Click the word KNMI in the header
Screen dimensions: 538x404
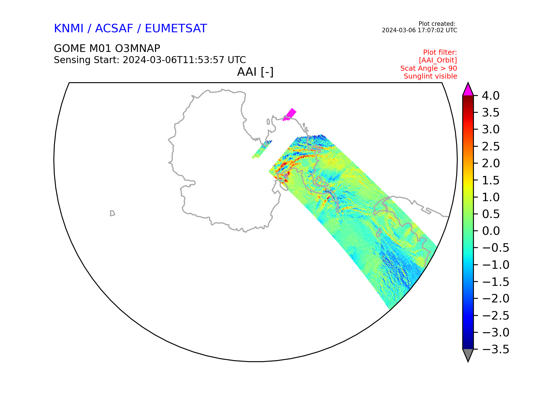[x=69, y=29]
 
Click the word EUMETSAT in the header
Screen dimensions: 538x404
[x=176, y=29]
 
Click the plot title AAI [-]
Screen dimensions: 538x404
[x=255, y=72]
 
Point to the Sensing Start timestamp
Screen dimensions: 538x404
[x=184, y=60]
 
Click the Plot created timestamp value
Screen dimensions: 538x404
[x=419, y=30]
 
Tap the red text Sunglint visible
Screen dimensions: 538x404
[x=430, y=76]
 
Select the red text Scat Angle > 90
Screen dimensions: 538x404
[x=429, y=68]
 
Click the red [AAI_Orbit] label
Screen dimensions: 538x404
[x=438, y=60]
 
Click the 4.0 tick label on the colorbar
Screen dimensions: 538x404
[x=491, y=96]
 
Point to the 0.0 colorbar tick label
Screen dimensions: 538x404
[x=491, y=231]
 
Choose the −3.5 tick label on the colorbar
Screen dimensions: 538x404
[x=495, y=350]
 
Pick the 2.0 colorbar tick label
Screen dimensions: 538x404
[x=491, y=164]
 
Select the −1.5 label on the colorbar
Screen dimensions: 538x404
[x=495, y=282]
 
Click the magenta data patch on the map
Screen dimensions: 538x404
[x=289, y=115]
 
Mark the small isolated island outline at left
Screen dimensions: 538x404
[x=112, y=213]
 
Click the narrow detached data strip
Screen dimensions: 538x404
[x=262, y=150]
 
